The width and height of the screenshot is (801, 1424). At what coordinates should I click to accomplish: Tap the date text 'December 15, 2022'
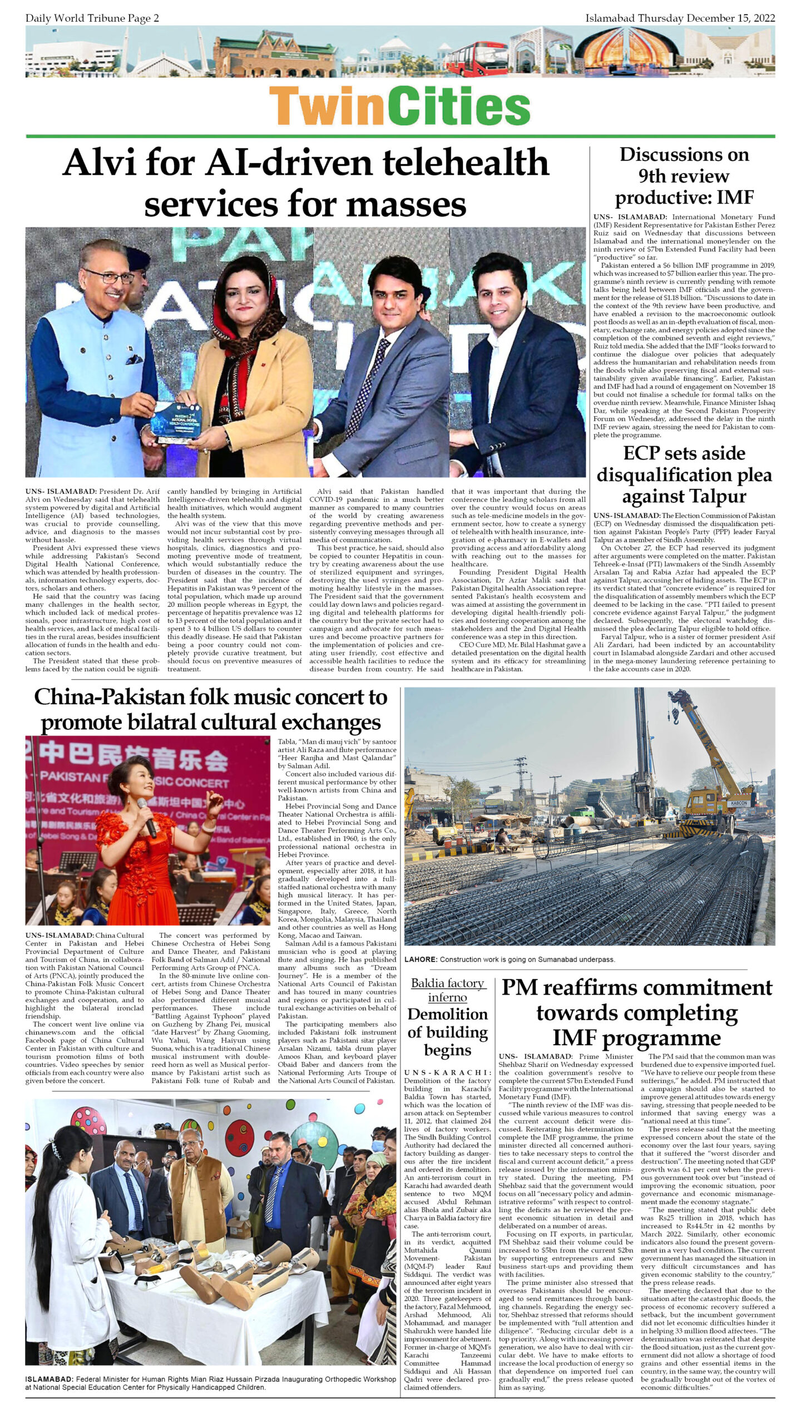coord(730,18)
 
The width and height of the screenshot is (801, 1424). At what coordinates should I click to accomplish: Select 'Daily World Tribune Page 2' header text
coord(92,18)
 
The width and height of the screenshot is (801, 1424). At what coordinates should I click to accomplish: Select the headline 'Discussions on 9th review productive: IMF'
coord(684,176)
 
